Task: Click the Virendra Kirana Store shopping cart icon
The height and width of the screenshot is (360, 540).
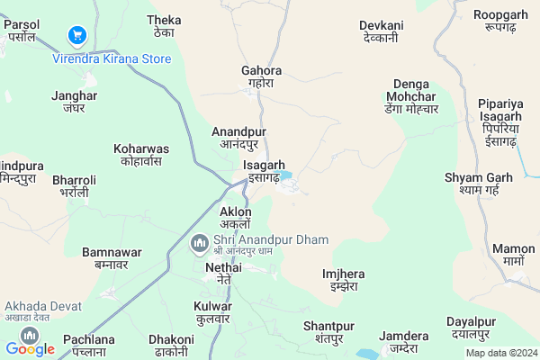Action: pos(76,36)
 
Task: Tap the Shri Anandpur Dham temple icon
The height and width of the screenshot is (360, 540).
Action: pos(199,241)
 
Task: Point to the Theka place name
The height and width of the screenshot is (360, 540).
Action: pos(164,26)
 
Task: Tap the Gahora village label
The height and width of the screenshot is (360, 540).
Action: pos(262,76)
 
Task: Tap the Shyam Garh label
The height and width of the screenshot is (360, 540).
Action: pos(478,183)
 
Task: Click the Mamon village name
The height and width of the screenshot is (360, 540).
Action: pos(514,254)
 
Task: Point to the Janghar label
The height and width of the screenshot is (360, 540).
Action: pos(74,102)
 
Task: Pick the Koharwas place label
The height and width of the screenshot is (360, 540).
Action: pos(141,154)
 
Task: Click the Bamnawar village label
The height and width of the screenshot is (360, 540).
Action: pos(105,258)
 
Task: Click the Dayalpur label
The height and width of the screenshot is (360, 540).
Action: pos(471,328)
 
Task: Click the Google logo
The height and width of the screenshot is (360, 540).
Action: pos(30,348)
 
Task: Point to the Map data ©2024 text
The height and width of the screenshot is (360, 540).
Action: pos(499,352)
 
